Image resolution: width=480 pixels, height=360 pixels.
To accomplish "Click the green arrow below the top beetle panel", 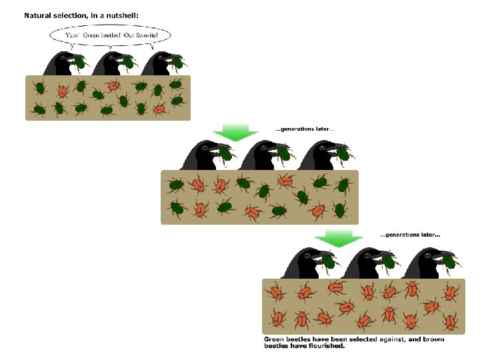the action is (x=234, y=132).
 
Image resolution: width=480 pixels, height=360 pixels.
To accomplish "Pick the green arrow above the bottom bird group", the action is (x=339, y=238).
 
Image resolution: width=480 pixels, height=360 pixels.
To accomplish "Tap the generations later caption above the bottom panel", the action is (x=410, y=235).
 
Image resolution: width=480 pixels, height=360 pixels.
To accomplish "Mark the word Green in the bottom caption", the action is (x=274, y=339).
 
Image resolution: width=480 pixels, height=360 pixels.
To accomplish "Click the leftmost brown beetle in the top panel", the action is (x=63, y=89).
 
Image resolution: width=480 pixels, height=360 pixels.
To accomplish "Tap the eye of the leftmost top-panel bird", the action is (x=62, y=57).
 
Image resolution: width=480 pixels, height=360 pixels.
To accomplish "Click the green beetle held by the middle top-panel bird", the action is (x=129, y=63).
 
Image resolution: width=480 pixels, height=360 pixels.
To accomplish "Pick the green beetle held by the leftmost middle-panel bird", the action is (x=226, y=155).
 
